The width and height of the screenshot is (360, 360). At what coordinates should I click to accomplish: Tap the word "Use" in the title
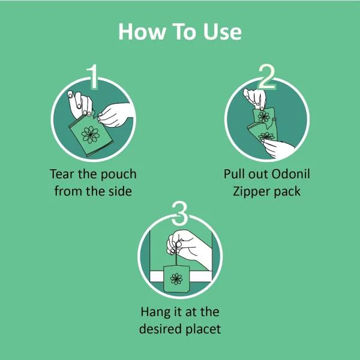pos(222,31)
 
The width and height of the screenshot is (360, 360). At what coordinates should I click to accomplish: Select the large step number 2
pos(266,76)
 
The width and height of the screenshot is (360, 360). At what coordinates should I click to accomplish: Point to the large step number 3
pos(180,213)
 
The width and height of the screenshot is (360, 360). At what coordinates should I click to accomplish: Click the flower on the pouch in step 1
pos(91,134)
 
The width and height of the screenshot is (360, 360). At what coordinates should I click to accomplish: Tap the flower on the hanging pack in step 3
pos(176,279)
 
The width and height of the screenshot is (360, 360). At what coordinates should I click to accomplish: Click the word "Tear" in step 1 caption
pos(62,174)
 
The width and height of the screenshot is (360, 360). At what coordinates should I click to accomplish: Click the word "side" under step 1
pos(120,191)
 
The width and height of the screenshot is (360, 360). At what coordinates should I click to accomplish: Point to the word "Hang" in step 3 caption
pos(154,313)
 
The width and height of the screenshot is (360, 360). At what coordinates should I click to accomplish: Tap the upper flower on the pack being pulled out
pos(264,116)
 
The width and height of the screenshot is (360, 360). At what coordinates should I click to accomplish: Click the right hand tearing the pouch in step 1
pos(115,115)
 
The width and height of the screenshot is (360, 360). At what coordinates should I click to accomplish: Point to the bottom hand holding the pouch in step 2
pos(278,149)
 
